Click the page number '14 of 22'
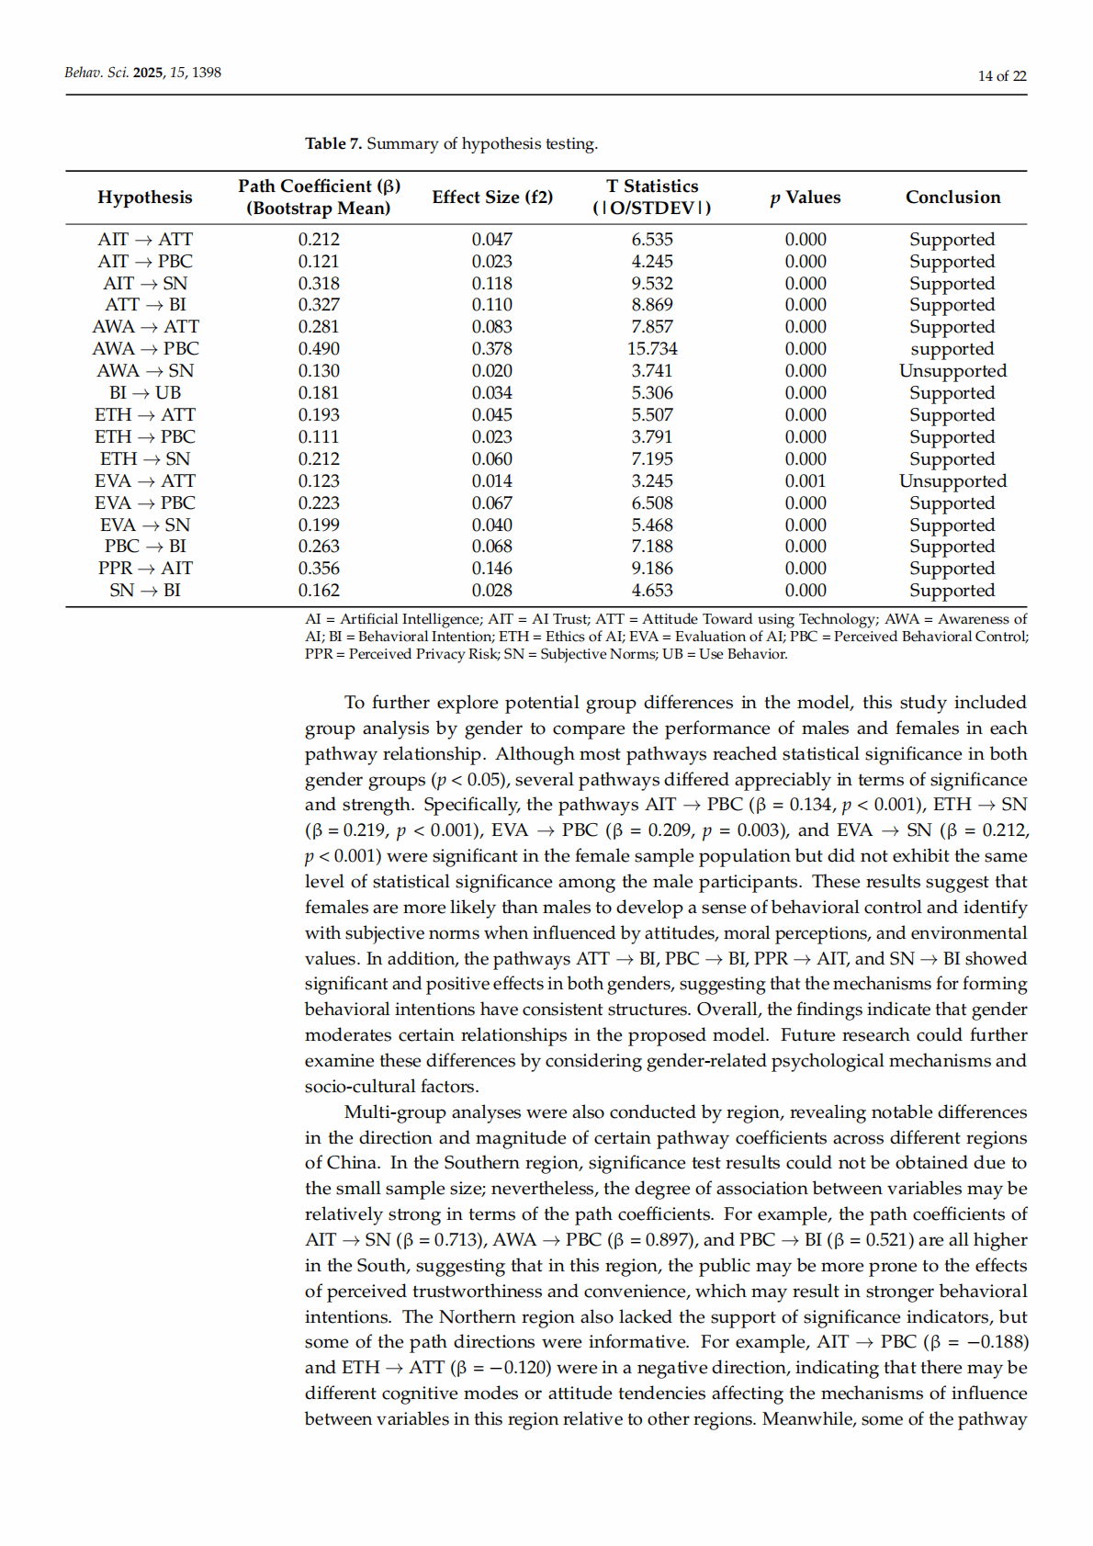click(x=1001, y=76)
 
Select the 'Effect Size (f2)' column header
click(x=492, y=197)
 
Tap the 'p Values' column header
click(x=806, y=197)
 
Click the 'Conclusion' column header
click(x=952, y=197)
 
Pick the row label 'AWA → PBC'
click(x=145, y=349)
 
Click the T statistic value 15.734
click(x=652, y=349)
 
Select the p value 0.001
click(x=806, y=481)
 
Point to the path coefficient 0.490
click(x=319, y=349)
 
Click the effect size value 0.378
click(x=492, y=349)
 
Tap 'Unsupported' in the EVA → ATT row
click(x=952, y=481)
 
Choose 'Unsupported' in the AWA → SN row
click(x=952, y=371)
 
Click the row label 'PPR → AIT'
click(x=145, y=569)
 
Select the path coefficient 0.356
click(x=319, y=569)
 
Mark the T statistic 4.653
click(x=652, y=591)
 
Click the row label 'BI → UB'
click(x=145, y=393)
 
